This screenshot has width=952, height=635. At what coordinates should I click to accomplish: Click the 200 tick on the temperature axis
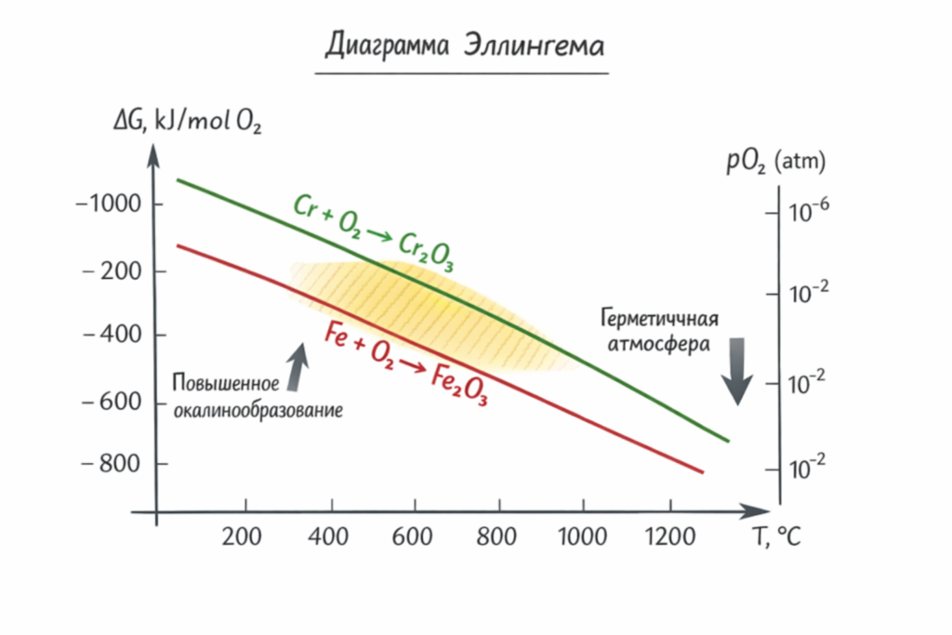[x=244, y=536]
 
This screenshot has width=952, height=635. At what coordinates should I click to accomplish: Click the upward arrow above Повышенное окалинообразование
[x=296, y=364]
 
